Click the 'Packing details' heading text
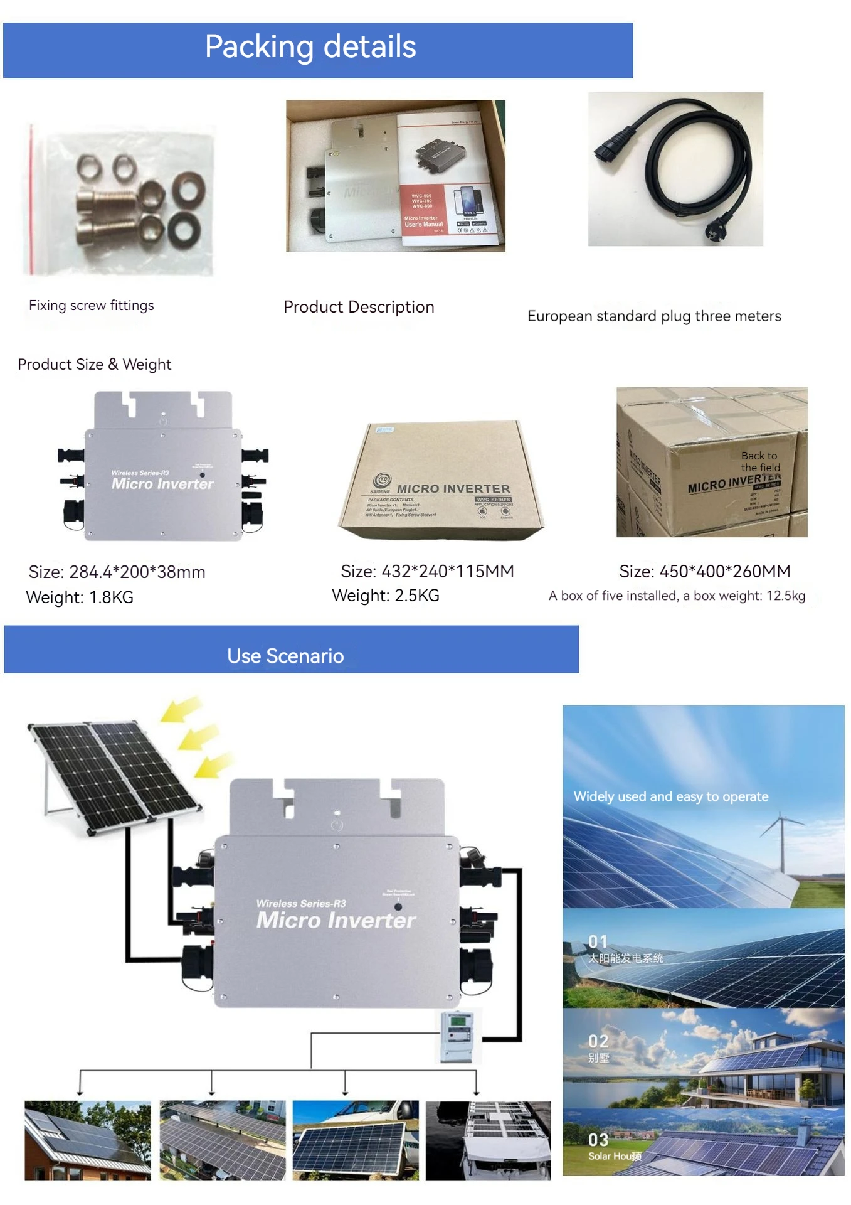point(310,47)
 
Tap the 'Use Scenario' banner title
point(285,656)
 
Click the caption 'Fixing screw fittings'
point(92,306)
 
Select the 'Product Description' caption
point(359,307)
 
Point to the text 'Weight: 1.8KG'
point(80,597)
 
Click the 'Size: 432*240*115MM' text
point(427,571)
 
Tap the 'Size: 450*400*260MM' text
point(704,571)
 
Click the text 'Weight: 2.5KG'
point(385,596)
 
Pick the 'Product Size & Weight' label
point(94,365)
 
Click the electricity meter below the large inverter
point(457,1037)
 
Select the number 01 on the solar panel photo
point(598,941)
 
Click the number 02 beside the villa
point(598,1041)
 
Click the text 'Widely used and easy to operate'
point(670,796)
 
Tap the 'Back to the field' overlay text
point(760,462)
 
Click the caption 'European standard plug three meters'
point(654,316)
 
